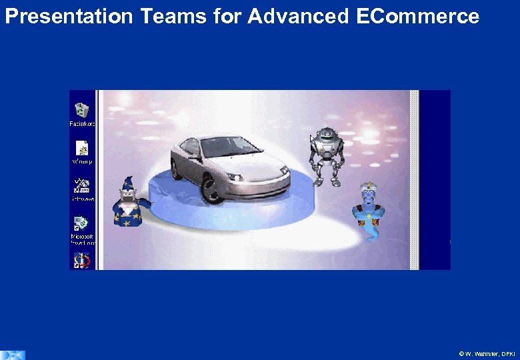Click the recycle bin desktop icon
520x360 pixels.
tap(82, 111)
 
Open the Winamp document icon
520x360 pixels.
tap(82, 148)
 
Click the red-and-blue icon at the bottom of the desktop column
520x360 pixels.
tap(81, 260)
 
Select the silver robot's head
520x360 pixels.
tap(326, 137)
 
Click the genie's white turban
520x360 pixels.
tap(368, 189)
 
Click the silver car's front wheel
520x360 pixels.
tap(213, 189)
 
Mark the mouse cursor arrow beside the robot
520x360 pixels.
tap(311, 139)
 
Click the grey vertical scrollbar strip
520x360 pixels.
tap(414, 180)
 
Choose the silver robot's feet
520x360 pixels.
tap(327, 181)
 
